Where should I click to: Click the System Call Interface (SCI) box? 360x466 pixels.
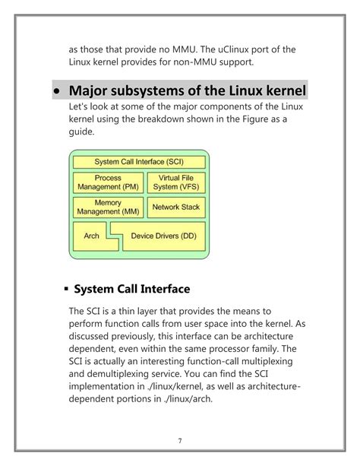click(x=139, y=162)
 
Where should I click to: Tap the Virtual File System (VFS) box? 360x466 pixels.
click(x=175, y=182)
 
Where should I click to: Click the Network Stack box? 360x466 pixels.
click(x=175, y=207)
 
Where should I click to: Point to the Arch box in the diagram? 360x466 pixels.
click(x=91, y=236)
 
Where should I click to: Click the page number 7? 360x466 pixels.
click(x=181, y=440)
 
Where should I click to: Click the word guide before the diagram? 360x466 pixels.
click(x=81, y=132)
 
